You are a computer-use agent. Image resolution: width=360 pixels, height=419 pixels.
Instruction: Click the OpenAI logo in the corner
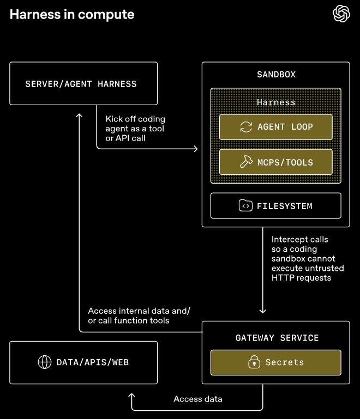[x=341, y=14]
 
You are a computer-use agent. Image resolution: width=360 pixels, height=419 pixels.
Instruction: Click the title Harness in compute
[x=72, y=15]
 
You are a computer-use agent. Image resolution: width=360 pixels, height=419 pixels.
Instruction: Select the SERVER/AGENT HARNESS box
[x=83, y=83]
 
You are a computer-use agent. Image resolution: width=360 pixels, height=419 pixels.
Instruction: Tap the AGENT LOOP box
[x=275, y=127]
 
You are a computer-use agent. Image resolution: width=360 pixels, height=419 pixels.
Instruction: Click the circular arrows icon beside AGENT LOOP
[x=246, y=127]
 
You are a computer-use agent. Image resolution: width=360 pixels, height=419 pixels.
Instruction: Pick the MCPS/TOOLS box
[x=275, y=162]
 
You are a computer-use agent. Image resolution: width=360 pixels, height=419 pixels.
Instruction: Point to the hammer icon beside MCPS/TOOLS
[x=246, y=162]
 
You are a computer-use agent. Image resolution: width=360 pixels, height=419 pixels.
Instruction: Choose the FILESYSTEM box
[x=275, y=205]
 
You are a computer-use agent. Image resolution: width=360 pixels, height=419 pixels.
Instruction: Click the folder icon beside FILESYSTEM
[x=245, y=205]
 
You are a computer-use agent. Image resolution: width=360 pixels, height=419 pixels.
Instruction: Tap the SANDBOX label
[x=276, y=74]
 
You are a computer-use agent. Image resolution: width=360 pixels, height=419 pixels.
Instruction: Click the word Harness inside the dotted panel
[x=276, y=102]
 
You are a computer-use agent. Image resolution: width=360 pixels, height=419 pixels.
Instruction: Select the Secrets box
[x=275, y=362]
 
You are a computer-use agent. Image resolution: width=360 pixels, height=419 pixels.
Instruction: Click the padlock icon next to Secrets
[x=253, y=362]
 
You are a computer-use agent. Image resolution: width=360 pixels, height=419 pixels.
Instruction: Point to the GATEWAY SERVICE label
[x=276, y=338]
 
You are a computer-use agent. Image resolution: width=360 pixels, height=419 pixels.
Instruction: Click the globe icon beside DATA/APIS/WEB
[x=44, y=362]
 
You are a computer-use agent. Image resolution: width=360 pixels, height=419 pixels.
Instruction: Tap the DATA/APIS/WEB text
[x=93, y=362]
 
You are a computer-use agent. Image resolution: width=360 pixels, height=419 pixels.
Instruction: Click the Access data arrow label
[x=198, y=399]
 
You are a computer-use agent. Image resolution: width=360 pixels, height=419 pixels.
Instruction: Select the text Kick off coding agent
[x=135, y=124]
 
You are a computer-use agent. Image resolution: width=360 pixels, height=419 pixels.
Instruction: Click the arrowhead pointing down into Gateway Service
[x=263, y=311]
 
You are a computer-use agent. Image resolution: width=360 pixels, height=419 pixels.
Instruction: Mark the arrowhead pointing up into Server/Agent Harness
[x=80, y=116]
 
